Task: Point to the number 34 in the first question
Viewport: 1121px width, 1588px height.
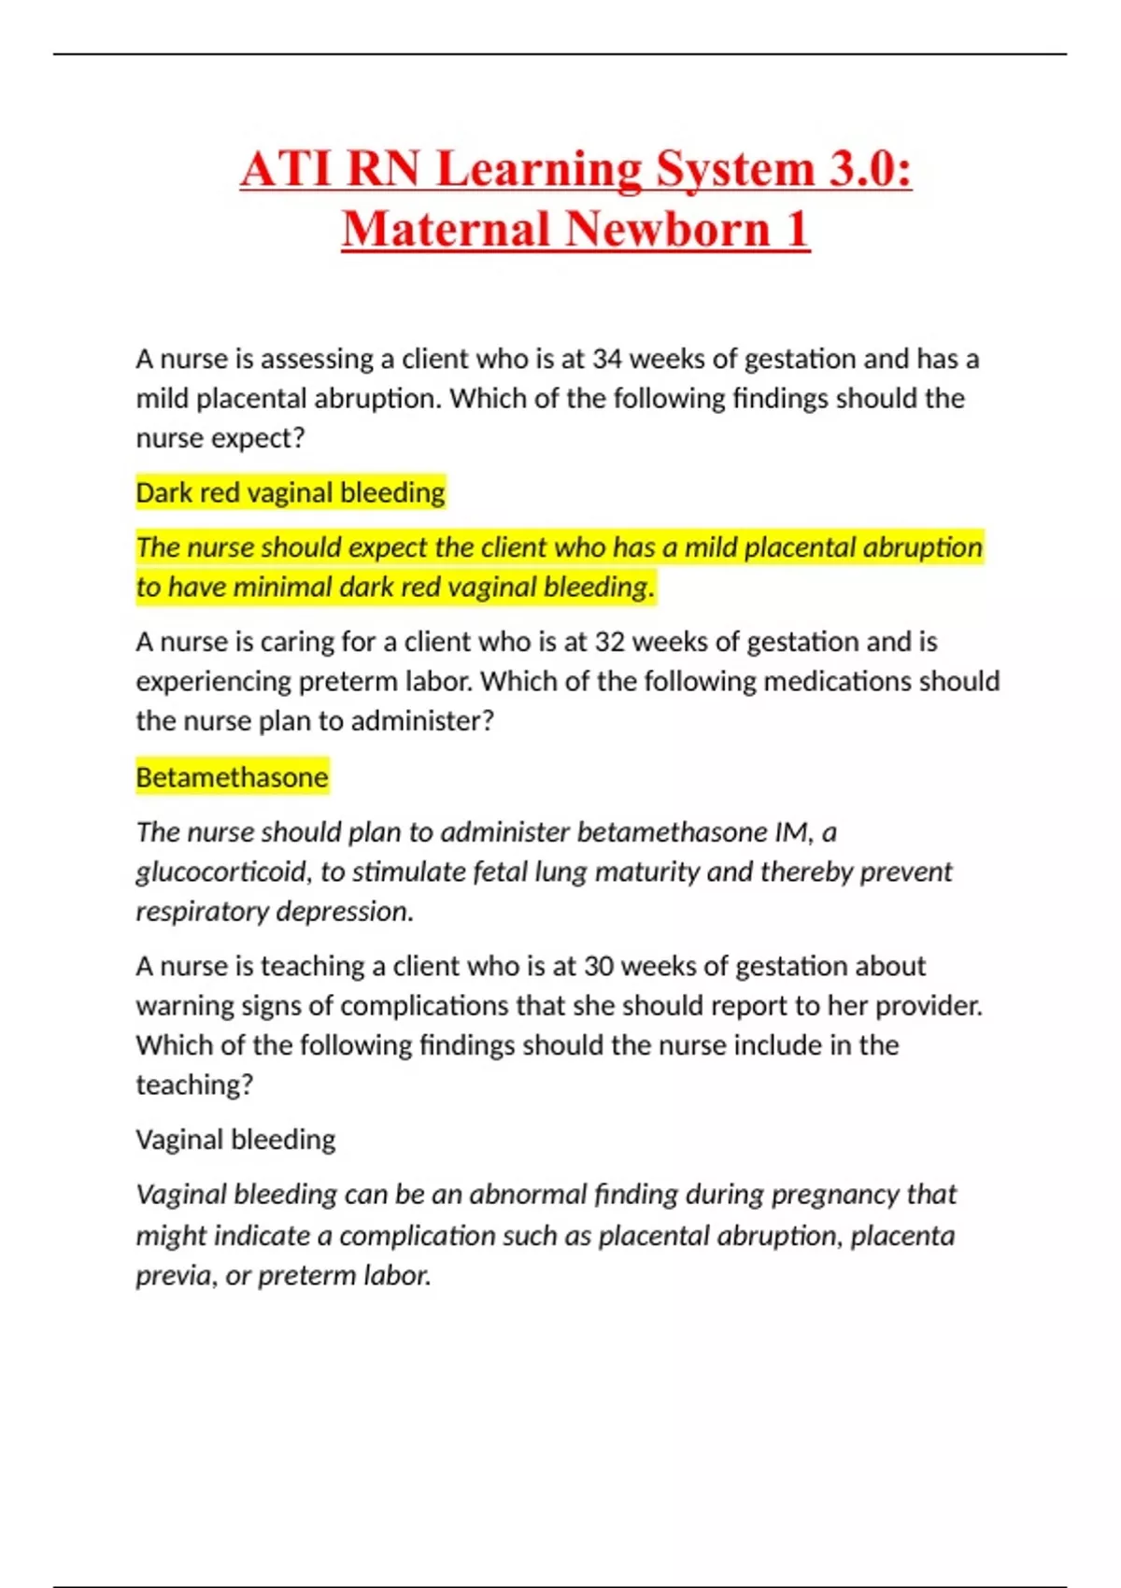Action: click(x=607, y=360)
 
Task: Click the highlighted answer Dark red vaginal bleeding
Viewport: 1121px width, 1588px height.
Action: click(x=291, y=492)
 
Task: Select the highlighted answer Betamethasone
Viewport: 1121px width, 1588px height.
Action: click(x=232, y=777)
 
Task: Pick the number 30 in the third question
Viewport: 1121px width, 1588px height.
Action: click(x=601, y=966)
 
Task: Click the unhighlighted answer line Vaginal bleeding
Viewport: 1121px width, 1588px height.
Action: click(x=235, y=1140)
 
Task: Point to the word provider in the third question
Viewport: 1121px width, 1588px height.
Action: click(x=924, y=1006)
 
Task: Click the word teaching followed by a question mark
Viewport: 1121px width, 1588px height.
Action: click(x=192, y=1085)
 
